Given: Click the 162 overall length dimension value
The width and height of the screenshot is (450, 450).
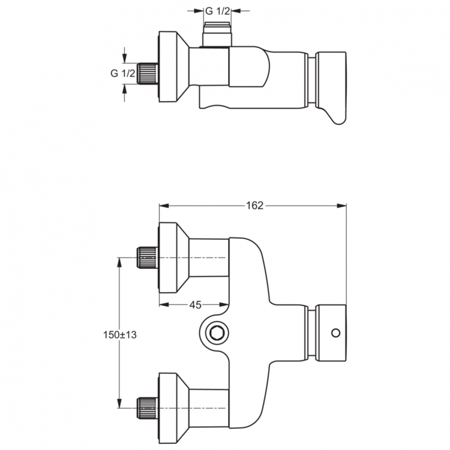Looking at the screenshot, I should (x=254, y=206).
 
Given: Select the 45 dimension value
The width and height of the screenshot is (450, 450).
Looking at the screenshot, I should (x=195, y=305).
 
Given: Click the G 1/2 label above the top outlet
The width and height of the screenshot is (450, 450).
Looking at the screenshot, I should (x=218, y=11).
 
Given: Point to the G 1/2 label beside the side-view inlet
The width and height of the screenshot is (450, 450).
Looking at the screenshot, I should (x=122, y=73).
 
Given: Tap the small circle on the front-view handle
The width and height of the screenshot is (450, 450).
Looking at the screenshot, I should (x=335, y=332).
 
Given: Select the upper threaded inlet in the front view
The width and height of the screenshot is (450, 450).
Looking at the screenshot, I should (x=148, y=258).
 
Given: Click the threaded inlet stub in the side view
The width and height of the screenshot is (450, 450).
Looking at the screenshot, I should (x=148, y=73).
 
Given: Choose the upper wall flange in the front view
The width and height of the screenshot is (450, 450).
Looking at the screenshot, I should (x=173, y=258).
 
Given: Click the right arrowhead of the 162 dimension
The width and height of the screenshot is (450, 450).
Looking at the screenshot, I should (x=343, y=206).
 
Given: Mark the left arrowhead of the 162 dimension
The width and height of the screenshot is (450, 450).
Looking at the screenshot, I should (x=163, y=206).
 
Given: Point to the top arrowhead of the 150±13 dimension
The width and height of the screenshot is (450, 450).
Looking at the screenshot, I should (x=120, y=262).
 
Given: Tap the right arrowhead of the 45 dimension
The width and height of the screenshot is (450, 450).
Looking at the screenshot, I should (x=224, y=305).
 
